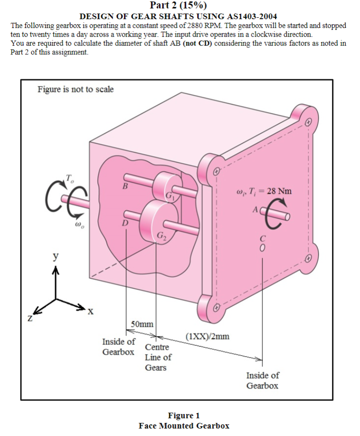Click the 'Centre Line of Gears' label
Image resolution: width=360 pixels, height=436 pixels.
tap(158, 357)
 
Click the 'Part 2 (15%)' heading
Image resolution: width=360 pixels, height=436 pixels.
tap(179, 6)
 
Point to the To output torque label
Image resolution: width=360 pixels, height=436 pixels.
tap(69, 178)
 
